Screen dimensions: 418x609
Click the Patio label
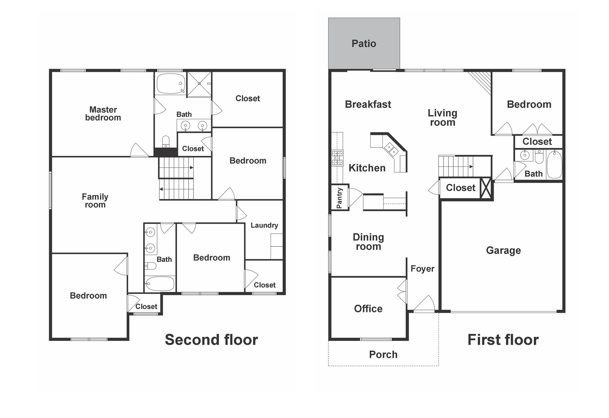[364, 44]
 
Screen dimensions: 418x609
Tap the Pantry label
[339, 198]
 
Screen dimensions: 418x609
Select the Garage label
[503, 250]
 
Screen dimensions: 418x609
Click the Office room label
[368, 309]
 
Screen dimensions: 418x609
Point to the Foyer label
[422, 269]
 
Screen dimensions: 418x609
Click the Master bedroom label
[103, 114]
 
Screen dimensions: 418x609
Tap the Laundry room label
[264, 225]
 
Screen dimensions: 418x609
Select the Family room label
[95, 201]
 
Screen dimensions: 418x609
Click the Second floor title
[211, 339]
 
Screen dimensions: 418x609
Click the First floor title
[503, 339]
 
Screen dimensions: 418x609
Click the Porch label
[383, 354]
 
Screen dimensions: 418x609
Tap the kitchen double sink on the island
[391, 149]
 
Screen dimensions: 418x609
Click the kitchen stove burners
[337, 158]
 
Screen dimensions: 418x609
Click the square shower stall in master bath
[199, 84]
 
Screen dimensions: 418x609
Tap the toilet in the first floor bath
[539, 157]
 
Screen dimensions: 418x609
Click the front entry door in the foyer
[424, 304]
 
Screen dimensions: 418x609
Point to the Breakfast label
[368, 104]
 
